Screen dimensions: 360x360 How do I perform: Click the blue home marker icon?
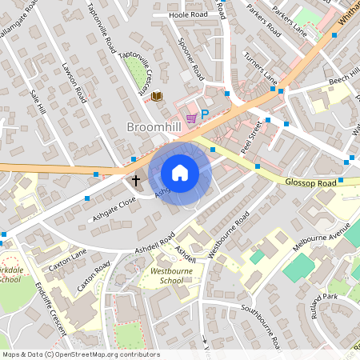coord(180,173)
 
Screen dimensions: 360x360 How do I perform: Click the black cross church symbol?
coord(136,181)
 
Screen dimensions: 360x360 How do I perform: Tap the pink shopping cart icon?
coord(190,118)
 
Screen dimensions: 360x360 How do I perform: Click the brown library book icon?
coord(158,96)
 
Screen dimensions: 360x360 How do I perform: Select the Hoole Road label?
coord(189,14)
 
